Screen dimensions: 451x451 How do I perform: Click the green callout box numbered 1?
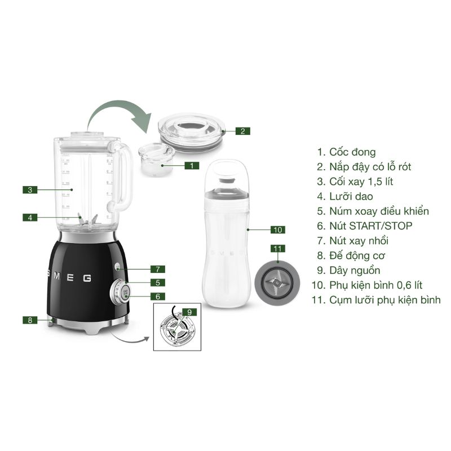coord(192,166)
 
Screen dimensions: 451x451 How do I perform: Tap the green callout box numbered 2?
coord(242,131)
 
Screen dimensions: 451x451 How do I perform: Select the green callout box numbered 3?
coord(30,190)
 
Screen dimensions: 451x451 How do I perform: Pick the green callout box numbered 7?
coord(158,269)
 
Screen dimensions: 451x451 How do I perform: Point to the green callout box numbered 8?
coord(30,320)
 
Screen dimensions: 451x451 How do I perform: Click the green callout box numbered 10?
coord(277,229)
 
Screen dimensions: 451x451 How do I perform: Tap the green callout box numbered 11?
coord(277,249)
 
